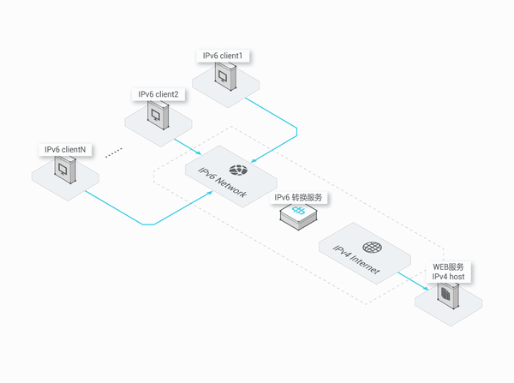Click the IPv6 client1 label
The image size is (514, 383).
(223, 56)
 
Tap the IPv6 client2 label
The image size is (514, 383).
(158, 94)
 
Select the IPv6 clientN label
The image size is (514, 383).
(65, 150)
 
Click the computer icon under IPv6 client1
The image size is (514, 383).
(225, 77)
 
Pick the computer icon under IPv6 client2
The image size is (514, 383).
(158, 115)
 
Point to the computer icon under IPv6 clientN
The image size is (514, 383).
(65, 170)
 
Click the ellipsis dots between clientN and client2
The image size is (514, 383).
(114, 153)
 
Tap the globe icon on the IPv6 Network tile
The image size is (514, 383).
(238, 170)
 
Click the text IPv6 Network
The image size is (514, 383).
(222, 183)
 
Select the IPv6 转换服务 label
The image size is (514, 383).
(298, 197)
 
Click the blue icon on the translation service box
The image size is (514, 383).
(299, 210)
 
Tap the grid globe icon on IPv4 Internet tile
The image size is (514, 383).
(372, 248)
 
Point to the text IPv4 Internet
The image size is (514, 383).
(356, 260)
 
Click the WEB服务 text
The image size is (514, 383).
(448, 267)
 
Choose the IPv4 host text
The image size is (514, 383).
(448, 277)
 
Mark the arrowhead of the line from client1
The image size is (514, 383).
(253, 161)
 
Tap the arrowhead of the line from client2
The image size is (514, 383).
(199, 153)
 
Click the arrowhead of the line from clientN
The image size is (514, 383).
(210, 193)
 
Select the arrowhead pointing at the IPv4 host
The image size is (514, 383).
(426, 288)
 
